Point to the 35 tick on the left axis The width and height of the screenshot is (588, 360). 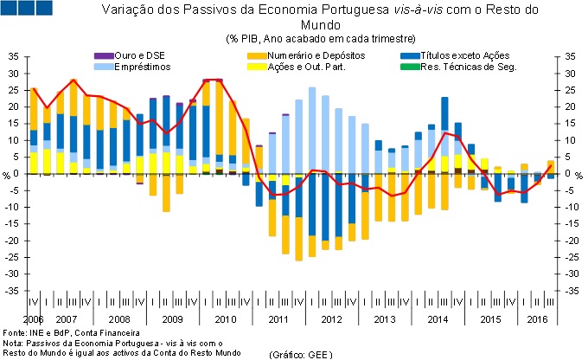[x=13, y=55]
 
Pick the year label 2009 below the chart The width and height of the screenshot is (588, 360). [x=172, y=319]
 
